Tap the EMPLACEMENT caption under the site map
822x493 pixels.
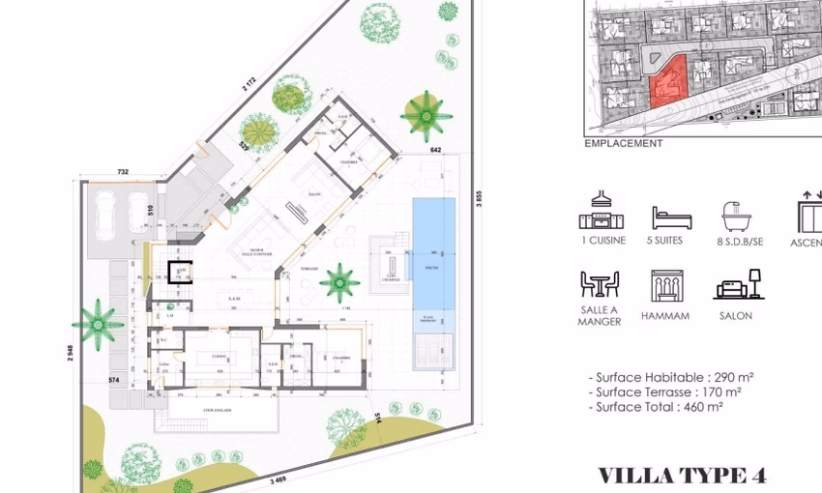pyautogui.click(x=624, y=143)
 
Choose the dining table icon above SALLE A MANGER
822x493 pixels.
pyautogui.click(x=600, y=284)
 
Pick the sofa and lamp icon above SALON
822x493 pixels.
pyautogui.click(x=739, y=285)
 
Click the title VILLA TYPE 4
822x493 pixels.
pyautogui.click(x=682, y=475)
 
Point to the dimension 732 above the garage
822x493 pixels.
pyautogui.click(x=123, y=171)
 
